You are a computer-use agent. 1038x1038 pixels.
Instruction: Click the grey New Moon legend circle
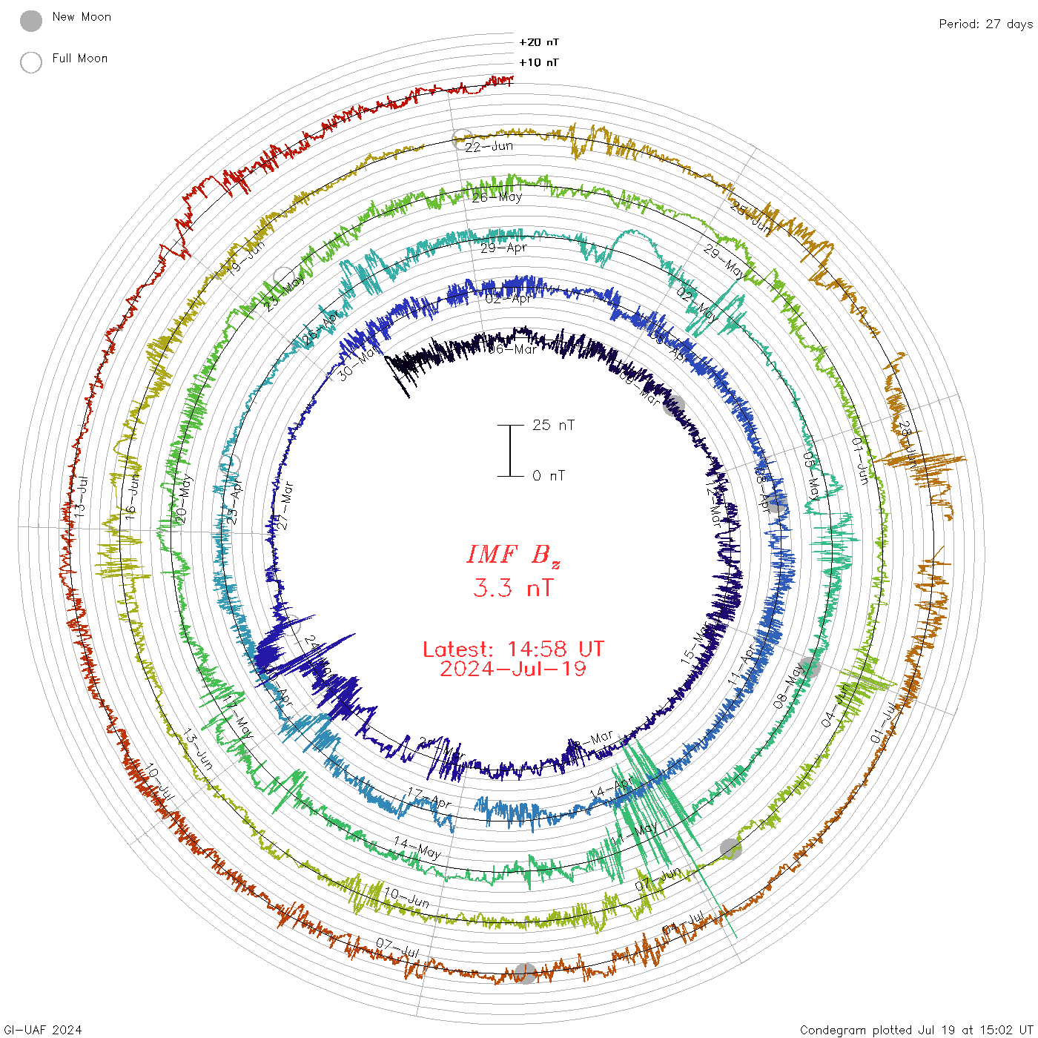31,21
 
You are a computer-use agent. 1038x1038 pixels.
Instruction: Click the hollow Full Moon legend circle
31,62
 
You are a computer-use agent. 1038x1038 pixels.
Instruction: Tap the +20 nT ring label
539,42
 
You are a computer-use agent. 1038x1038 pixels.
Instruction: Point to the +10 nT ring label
539,62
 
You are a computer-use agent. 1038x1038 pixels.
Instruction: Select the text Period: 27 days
985,24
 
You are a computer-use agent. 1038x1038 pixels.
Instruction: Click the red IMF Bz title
513,555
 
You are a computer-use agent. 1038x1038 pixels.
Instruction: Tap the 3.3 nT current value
513,589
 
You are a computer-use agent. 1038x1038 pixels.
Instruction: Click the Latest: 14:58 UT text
513,649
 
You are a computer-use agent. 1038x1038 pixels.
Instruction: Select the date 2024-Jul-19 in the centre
513,670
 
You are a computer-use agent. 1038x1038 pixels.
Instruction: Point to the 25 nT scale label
553,425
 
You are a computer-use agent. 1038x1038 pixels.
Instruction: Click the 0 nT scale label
548,476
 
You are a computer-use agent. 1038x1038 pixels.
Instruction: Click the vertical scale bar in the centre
510,451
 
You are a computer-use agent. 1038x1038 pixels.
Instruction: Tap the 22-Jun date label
489,146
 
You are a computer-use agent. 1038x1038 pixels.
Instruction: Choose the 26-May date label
497,197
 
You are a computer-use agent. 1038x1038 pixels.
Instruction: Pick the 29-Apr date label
503,248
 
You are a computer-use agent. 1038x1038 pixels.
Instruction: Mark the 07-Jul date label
397,948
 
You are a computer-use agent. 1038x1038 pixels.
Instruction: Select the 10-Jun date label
406,898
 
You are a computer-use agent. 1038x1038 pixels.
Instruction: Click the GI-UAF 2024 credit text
43,1030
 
